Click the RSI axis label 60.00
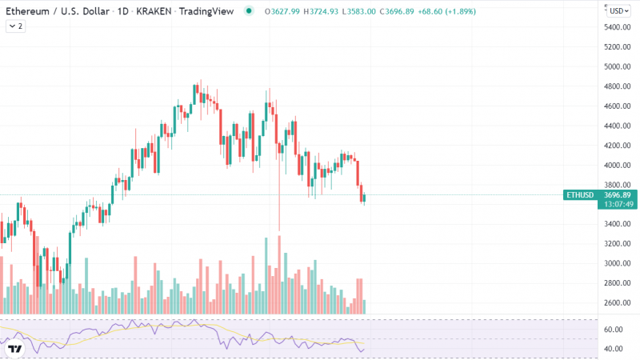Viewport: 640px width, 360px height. point(614,330)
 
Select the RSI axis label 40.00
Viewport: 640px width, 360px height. point(614,349)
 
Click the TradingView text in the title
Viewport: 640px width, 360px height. point(206,11)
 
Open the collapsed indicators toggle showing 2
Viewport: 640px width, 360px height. point(15,26)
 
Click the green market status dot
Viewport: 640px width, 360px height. point(248,11)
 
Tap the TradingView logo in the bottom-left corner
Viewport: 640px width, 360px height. point(14,349)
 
